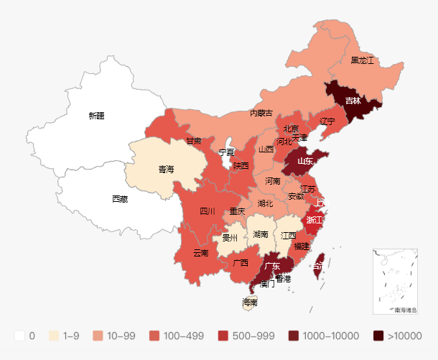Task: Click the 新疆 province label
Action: pyautogui.click(x=96, y=115)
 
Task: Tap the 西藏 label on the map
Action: pyautogui.click(x=120, y=198)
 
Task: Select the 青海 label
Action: pyautogui.click(x=166, y=170)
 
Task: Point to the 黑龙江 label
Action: pyautogui.click(x=362, y=61)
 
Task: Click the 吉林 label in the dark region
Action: pyautogui.click(x=353, y=101)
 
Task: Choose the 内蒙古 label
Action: pyautogui.click(x=261, y=113)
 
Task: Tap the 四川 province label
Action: pyautogui.click(x=207, y=211)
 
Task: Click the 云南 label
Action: pyautogui.click(x=201, y=253)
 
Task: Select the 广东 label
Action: pyautogui.click(x=271, y=266)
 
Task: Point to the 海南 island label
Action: pyautogui.click(x=249, y=302)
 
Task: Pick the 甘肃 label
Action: pyautogui.click(x=194, y=141)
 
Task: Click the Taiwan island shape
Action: pyautogui.click(x=320, y=262)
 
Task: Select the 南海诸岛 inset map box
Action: pyautogui.click(x=395, y=281)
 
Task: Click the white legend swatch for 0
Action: pyautogui.click(x=19, y=336)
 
